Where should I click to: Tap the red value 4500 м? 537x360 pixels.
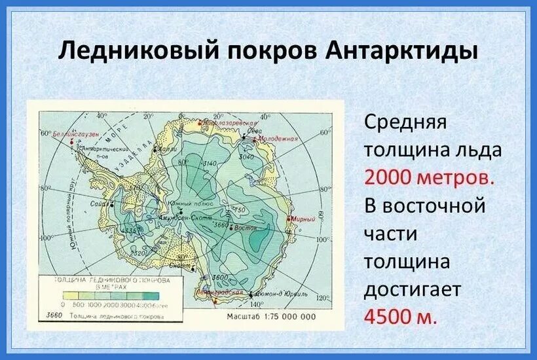click(399, 317)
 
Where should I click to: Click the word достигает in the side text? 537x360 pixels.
click(414, 289)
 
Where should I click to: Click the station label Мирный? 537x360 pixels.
click(303, 219)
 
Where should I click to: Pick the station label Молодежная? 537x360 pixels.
click(278, 139)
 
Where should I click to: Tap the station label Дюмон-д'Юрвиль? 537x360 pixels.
click(279, 295)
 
